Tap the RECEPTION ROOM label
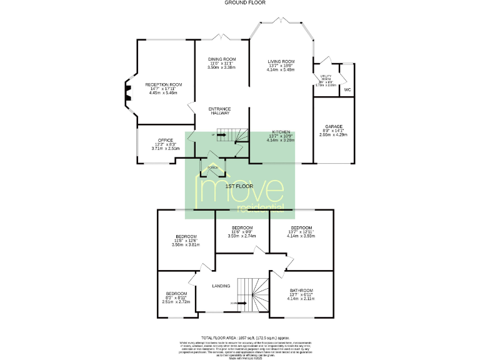[163, 84]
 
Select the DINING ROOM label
[221, 59]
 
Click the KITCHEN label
[280, 132]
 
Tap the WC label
[347, 90]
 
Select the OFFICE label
[165, 140]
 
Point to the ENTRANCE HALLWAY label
[219, 111]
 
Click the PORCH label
[213, 168]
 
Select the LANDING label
[221, 286]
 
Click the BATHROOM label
[301, 291]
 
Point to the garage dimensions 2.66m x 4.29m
[332, 134]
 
